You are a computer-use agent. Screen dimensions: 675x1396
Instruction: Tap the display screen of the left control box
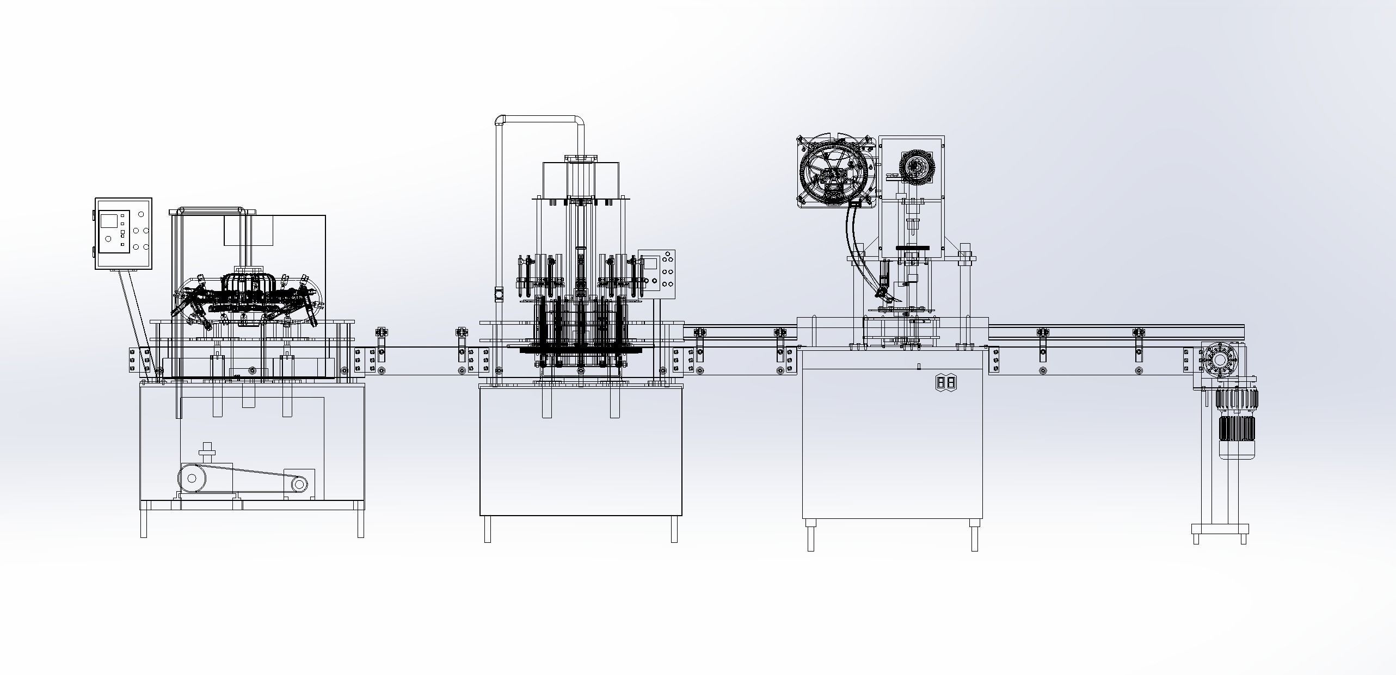(x=108, y=220)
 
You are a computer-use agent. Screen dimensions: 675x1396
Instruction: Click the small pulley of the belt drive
(x=299, y=484)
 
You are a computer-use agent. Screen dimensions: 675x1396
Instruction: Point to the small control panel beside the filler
(x=656, y=275)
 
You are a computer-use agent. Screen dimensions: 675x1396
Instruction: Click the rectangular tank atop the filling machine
(x=581, y=179)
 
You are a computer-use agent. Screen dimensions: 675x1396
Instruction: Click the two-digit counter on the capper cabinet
(x=945, y=383)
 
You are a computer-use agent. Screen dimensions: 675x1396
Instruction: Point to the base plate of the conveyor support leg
(x=1220, y=529)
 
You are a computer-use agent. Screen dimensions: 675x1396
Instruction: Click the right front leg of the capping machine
(x=974, y=536)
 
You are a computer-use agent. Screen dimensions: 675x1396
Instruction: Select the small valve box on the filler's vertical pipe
(x=498, y=294)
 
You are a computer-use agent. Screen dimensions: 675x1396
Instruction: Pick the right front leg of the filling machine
(x=674, y=529)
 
